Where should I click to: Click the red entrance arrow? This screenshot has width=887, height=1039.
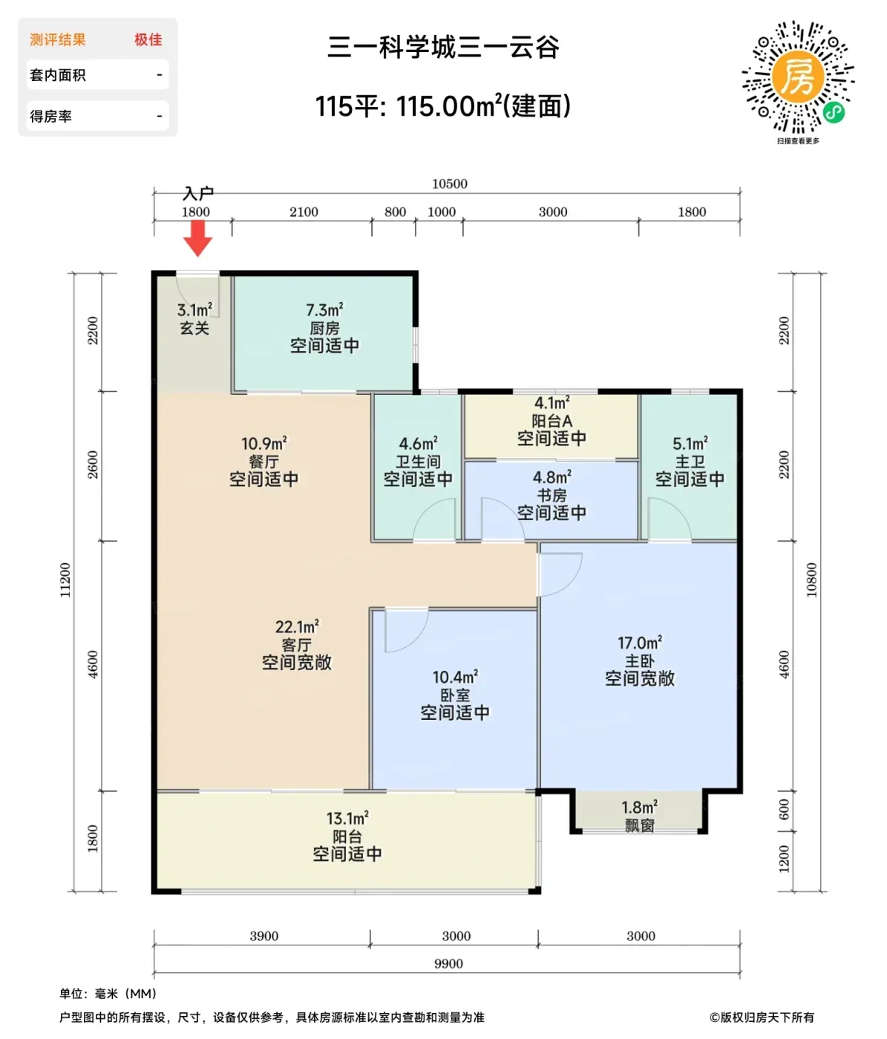[197, 238]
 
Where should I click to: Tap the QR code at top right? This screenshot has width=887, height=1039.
[798, 77]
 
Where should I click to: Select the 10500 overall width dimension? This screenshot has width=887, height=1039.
[450, 184]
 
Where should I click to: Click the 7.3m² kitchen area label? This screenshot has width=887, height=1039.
[325, 310]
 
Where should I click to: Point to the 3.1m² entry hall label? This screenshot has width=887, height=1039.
[194, 310]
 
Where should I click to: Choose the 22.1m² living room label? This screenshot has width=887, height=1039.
[297, 627]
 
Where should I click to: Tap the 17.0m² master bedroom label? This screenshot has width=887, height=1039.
[640, 643]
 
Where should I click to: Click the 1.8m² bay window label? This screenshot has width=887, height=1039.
[640, 807]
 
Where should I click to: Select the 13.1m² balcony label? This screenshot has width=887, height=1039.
[347, 819]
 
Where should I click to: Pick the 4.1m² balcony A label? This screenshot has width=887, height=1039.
[552, 403]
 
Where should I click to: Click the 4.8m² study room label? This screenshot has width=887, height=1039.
[552, 476]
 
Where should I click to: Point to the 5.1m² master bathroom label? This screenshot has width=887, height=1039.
[690, 443]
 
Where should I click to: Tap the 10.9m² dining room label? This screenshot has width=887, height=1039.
[264, 443]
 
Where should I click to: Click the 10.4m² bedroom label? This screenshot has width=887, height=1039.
[455, 677]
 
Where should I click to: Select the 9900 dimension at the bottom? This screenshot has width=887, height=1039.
[448, 963]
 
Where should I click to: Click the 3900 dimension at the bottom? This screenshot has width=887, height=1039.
[264, 935]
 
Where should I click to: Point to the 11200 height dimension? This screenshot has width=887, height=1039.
[65, 580]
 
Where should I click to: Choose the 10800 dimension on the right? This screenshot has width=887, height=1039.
[811, 580]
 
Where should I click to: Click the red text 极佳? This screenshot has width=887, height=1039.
[148, 39]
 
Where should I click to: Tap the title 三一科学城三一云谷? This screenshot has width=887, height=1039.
[444, 47]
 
